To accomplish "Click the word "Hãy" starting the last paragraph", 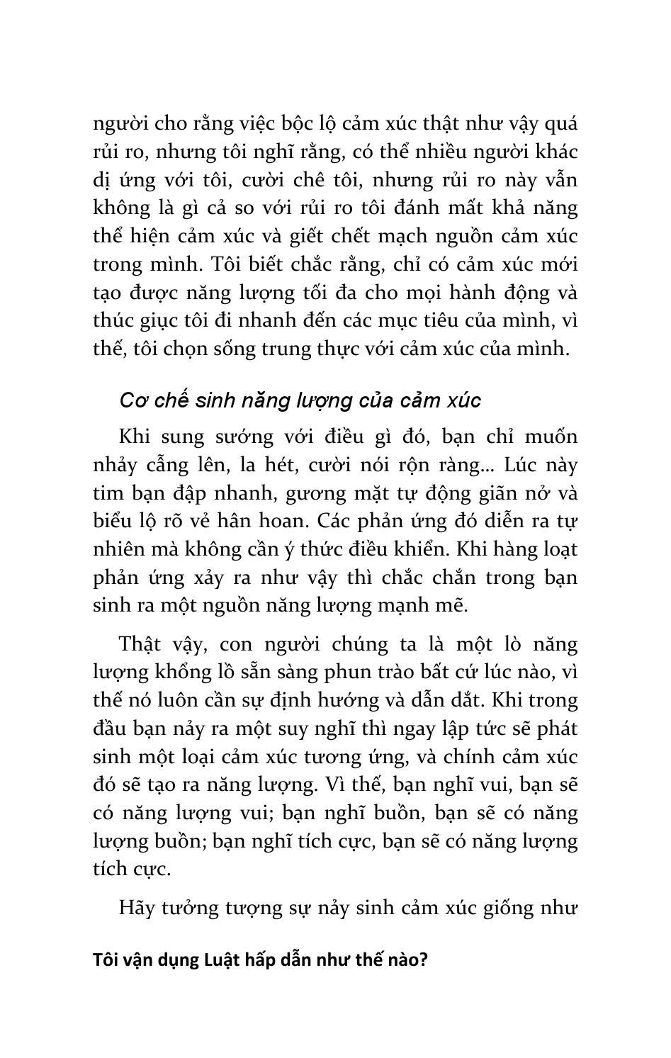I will pyautogui.click(x=136, y=908).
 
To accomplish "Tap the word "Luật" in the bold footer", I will pyautogui.click(x=223, y=961).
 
